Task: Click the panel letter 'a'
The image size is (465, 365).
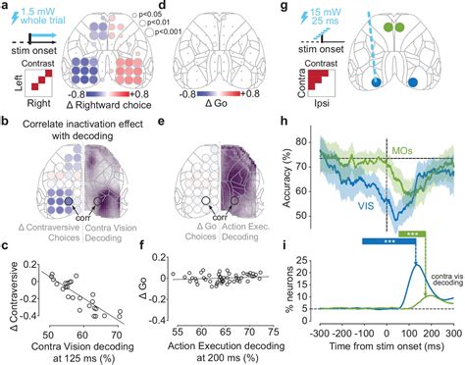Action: (6, 9)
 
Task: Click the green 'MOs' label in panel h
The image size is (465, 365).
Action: (403, 150)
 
